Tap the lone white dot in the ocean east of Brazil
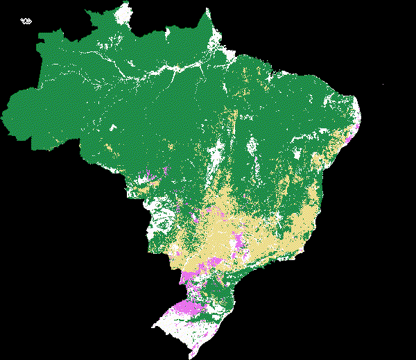coord(383,85)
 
